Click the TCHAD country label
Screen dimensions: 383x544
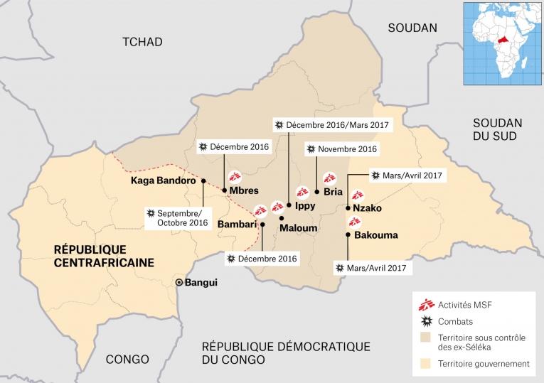pos(142,42)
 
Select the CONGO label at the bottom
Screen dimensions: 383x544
pos(127,359)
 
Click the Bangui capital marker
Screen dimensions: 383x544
pos(179,283)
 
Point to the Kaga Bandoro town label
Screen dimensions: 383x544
pos(163,180)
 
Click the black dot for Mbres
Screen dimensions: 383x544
pos(225,190)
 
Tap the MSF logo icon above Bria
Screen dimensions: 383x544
pos(329,178)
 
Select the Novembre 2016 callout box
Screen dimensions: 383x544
pos(341,149)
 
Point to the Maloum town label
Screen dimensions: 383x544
pos(298,229)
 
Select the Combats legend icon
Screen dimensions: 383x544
pos(426,322)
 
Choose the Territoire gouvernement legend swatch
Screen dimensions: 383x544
pos(426,363)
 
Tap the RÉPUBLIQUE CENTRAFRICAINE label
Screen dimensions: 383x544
pos(105,256)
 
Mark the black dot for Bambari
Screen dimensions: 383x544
pos(262,225)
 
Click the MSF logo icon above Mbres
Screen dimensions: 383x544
pos(235,177)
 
